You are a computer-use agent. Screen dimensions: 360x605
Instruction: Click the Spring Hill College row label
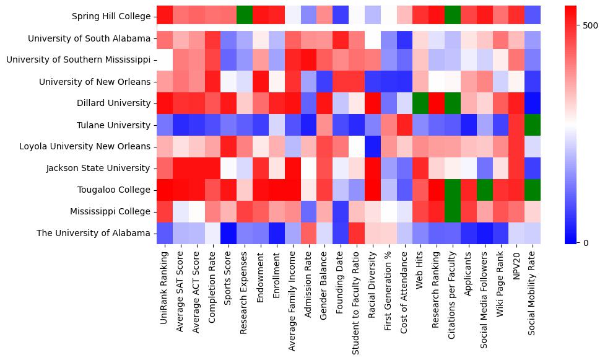(111, 17)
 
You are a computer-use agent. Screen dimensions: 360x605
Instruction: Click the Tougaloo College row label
(116, 190)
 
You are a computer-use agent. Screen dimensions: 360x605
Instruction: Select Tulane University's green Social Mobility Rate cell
(532, 125)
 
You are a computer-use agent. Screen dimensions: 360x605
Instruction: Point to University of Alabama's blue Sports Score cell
(229, 234)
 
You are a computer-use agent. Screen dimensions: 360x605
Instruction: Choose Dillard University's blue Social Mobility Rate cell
(532, 103)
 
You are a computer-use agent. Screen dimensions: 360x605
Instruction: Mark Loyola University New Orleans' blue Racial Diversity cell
(372, 147)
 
